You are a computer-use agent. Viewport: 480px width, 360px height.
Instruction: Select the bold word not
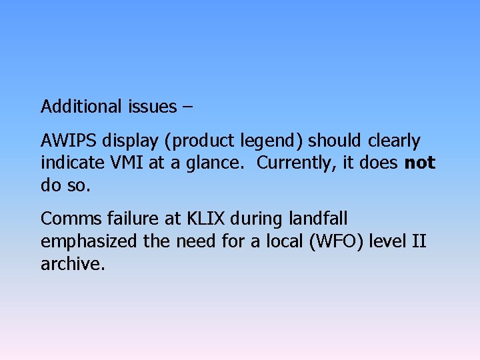[420, 163]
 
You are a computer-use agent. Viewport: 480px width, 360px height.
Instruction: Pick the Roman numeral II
[418, 241]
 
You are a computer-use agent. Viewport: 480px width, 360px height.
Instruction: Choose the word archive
[72, 264]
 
